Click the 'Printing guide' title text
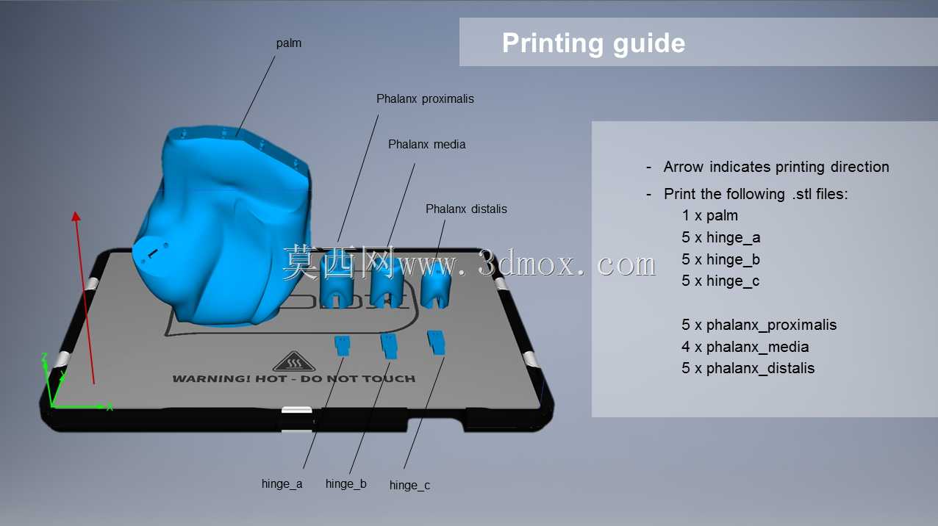[593, 43]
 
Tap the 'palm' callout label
[288, 43]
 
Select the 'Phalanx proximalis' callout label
[425, 98]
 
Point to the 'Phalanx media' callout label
[426, 145]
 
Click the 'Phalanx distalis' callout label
[466, 209]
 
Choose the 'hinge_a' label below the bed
[282, 483]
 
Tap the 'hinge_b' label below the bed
[346, 483]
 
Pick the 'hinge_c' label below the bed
[409, 485]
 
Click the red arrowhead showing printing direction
[76, 216]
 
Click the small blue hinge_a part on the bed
[343, 345]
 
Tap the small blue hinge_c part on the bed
[437, 343]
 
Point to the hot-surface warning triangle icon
[294, 361]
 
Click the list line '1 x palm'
[710, 215]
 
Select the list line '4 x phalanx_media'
[745, 347]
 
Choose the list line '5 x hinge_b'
[720, 259]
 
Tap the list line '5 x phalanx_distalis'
[748, 368]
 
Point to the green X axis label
[110, 407]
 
